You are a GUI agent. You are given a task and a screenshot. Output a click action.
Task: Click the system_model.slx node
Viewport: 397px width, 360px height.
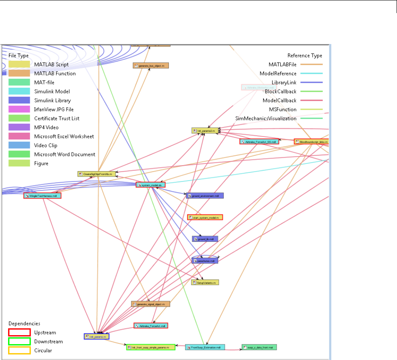click(x=151, y=185)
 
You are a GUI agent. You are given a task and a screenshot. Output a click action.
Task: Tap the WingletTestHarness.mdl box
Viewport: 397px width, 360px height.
click(x=42, y=196)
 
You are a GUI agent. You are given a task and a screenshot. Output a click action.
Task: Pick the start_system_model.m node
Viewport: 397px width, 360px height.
click(x=205, y=217)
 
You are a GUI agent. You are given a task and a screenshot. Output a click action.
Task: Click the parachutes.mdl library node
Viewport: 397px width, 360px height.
click(x=205, y=261)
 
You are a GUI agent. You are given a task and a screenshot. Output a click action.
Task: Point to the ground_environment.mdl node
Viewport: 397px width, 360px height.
click(x=205, y=196)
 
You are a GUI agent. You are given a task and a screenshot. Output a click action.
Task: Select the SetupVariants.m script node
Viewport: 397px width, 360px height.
click(x=205, y=282)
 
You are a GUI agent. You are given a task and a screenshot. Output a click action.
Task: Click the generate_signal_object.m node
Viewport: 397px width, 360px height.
click(x=150, y=304)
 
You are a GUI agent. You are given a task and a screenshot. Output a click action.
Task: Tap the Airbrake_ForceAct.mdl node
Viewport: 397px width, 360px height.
click(x=151, y=326)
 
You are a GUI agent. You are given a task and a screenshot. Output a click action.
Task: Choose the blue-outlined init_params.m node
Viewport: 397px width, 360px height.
click(x=97, y=336)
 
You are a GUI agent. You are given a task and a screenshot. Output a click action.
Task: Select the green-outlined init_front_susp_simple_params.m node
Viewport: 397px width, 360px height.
click(x=151, y=347)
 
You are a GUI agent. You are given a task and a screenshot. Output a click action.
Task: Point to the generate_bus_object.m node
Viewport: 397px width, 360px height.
click(x=151, y=65)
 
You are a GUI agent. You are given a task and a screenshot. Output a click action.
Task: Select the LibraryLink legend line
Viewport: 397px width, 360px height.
click(x=311, y=82)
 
